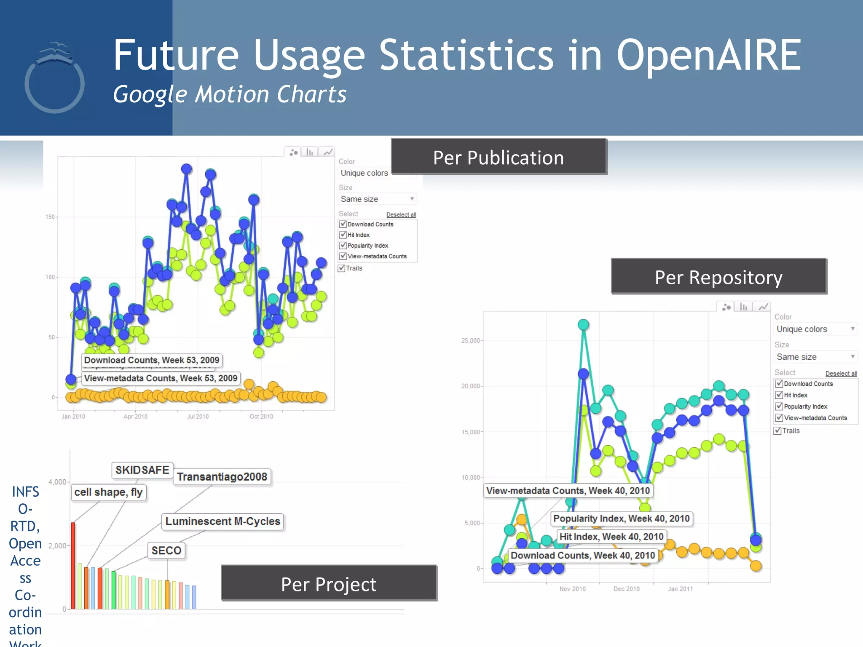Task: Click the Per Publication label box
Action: point(499,158)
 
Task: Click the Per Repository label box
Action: point(718,277)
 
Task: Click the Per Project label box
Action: point(329,584)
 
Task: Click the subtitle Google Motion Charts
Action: point(230,94)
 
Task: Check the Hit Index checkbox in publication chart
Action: point(343,235)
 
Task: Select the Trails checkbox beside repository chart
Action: point(778,431)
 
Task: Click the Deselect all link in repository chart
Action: point(841,374)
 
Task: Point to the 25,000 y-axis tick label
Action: point(470,341)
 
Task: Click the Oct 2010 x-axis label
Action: point(261,417)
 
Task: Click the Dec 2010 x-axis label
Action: point(626,589)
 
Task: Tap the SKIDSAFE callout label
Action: point(142,470)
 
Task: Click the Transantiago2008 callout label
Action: point(222,477)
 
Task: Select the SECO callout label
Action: point(166,551)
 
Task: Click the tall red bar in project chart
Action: point(73,564)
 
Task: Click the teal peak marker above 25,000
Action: point(583,325)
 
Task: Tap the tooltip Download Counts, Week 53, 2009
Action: point(152,360)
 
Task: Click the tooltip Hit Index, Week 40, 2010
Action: point(611,537)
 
